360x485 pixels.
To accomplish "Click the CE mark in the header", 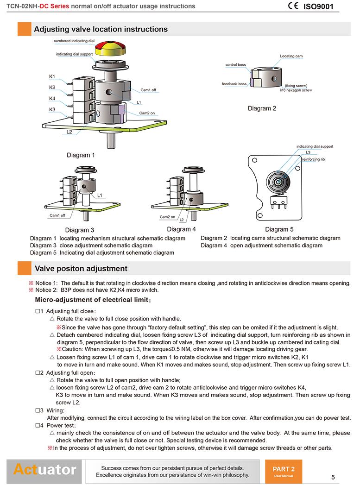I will [293, 6].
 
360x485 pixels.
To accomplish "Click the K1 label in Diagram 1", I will [52, 76].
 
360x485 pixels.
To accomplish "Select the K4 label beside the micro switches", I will [52, 98].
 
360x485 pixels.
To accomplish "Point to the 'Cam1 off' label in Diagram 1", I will [148, 90].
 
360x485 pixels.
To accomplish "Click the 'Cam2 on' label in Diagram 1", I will [147, 113].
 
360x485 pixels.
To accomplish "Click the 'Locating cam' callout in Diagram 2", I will [291, 56].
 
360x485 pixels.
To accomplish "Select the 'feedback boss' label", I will [234, 84].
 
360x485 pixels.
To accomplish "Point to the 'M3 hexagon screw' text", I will [296, 90].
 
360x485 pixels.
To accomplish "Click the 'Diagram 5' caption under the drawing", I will [279, 229].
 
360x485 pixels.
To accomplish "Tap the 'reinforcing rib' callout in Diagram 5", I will [314, 159].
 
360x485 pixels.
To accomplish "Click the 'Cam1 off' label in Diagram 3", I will [57, 215].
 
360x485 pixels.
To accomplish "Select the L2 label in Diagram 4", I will [182, 219].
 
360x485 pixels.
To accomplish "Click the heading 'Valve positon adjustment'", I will [81, 269].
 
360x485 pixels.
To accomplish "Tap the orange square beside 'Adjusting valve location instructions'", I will [24, 29].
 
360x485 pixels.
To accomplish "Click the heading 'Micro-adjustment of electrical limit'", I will [93, 300].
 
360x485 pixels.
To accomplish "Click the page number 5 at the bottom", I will [333, 477].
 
